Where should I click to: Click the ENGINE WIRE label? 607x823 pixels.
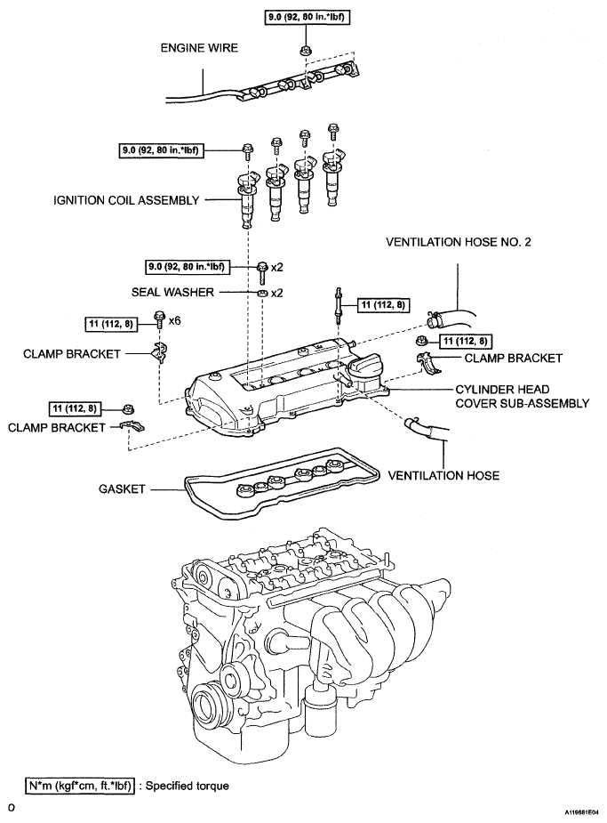[x=199, y=48]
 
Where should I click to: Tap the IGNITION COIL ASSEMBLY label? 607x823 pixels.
[x=126, y=200]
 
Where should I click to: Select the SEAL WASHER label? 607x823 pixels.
[x=172, y=293]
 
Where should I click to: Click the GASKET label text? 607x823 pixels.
[x=122, y=489]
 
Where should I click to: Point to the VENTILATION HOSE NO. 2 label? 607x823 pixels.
[x=458, y=242]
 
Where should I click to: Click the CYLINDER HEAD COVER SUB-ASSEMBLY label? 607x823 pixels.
[x=522, y=396]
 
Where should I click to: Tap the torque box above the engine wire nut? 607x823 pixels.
[x=306, y=17]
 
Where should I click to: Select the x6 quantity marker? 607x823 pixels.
[x=174, y=320]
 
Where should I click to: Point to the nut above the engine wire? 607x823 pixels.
[x=304, y=51]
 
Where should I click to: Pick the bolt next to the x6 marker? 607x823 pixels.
[x=159, y=319]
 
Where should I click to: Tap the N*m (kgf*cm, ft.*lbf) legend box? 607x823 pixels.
[x=80, y=786]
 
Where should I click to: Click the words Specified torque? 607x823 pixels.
[x=188, y=786]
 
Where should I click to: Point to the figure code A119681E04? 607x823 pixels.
[x=581, y=811]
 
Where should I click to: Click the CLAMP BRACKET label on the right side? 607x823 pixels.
[x=513, y=359]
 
